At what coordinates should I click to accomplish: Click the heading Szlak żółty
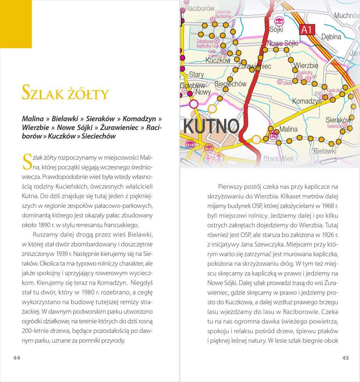[x=65, y=93]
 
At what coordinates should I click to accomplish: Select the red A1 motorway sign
[x=306, y=29]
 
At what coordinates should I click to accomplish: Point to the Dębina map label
[x=331, y=37]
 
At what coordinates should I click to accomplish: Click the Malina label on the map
[x=288, y=129]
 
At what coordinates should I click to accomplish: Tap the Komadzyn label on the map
[x=307, y=101]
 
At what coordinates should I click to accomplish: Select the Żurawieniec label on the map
[x=254, y=66]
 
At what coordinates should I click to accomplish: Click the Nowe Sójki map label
[x=282, y=44]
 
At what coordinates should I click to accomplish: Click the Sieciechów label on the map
[x=231, y=84]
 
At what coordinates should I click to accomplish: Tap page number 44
[x=16, y=358]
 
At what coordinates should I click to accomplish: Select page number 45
[x=345, y=358]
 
